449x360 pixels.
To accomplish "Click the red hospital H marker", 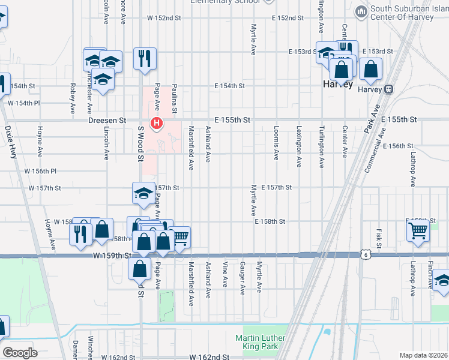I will pos(157,124).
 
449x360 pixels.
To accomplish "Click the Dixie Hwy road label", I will pos(11,142).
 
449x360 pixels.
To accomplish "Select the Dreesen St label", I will pos(107,120).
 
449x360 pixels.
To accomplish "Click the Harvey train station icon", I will pos(389,89).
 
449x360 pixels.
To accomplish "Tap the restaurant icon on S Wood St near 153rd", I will pos(145,58).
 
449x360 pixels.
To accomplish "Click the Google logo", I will pos(20,353).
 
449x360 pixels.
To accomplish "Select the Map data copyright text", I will pos(423,355).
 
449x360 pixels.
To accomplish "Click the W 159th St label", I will pos(112,256).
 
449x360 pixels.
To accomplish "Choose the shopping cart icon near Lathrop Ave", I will pos(418,229).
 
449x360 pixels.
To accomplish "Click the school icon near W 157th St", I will pos(143,193).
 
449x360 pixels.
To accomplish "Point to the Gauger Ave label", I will pos(243,278).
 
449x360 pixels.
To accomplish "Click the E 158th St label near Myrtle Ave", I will pos(270,221).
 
